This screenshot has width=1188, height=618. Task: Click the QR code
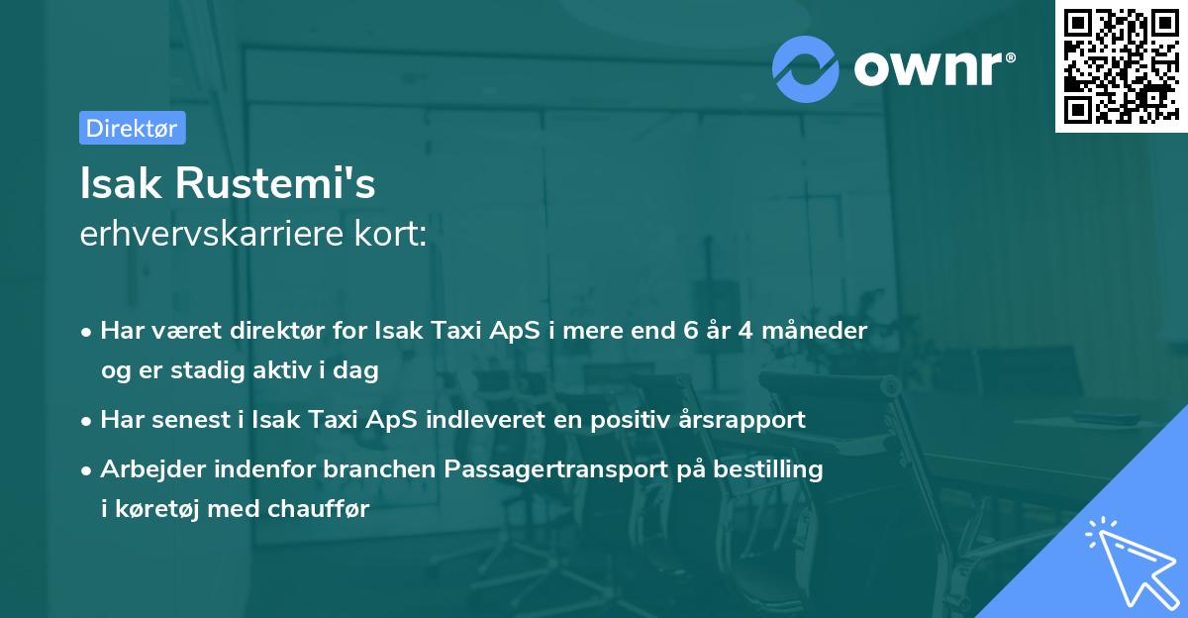[x=1121, y=66]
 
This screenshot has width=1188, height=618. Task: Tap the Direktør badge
[x=132, y=128]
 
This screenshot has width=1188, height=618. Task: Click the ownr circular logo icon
[x=806, y=68]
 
